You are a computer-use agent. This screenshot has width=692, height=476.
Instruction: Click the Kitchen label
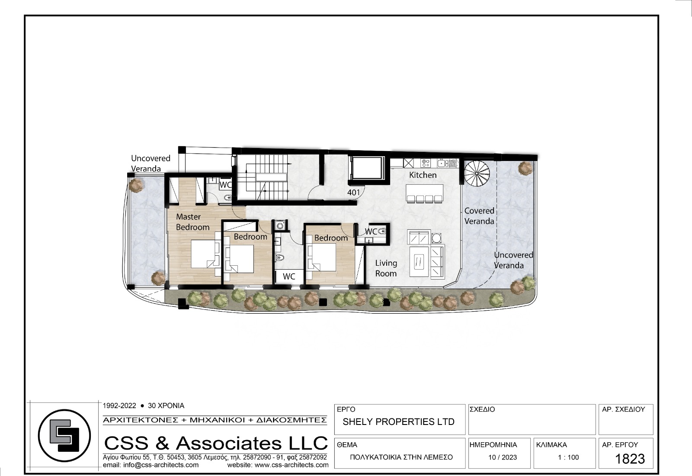(x=423, y=175)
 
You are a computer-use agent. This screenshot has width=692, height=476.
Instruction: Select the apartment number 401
(x=353, y=193)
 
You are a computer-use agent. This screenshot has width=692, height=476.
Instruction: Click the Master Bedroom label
(x=192, y=222)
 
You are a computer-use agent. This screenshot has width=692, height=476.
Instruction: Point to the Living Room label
(x=386, y=268)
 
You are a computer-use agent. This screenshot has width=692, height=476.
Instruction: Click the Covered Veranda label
(x=479, y=216)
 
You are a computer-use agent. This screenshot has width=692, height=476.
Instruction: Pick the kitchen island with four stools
(x=424, y=193)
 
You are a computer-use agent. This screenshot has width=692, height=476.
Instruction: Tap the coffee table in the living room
(x=419, y=261)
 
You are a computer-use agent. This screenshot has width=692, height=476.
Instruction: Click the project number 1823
(x=630, y=459)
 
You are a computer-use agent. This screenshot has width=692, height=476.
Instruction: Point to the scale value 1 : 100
(x=568, y=457)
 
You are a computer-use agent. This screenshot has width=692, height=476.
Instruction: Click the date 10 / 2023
(x=502, y=457)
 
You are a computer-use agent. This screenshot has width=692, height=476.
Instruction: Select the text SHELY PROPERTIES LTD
(x=398, y=422)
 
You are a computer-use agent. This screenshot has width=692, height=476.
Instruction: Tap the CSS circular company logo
(x=64, y=436)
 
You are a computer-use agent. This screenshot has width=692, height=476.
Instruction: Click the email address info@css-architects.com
(x=151, y=465)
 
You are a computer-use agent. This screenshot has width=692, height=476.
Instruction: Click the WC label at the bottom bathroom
(x=289, y=277)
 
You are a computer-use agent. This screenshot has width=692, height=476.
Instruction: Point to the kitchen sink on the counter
(x=442, y=163)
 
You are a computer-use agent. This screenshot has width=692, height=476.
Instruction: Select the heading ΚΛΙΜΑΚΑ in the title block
(x=551, y=445)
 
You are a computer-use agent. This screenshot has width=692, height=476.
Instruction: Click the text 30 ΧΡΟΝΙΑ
(x=166, y=405)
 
